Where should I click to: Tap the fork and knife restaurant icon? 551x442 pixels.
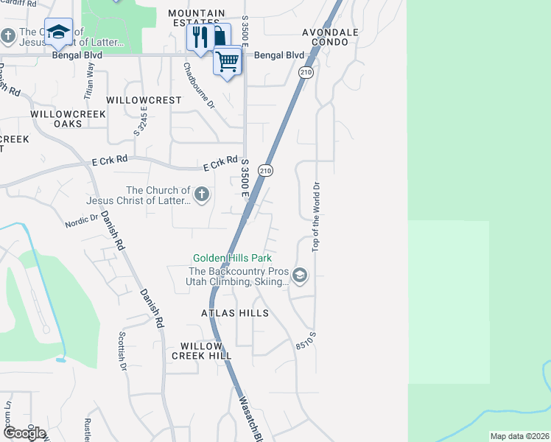(x=200, y=36)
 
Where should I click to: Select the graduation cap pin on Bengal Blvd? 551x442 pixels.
(x=58, y=32)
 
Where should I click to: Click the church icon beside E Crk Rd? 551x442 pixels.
(x=201, y=194)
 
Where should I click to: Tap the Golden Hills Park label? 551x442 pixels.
(x=232, y=258)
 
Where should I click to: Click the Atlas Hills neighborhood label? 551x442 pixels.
(x=235, y=313)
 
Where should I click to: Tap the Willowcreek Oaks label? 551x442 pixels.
(x=69, y=119)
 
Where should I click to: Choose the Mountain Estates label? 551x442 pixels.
(x=196, y=18)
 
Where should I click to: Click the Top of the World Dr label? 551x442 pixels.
(x=317, y=217)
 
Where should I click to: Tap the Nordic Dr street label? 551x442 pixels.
(x=81, y=220)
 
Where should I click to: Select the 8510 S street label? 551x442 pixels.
(x=306, y=340)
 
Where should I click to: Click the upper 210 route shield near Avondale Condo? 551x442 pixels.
(x=306, y=72)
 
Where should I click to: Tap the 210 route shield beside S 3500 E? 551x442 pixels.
(x=266, y=170)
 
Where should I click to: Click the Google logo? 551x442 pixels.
(x=24, y=432)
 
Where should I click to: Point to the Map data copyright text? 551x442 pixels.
(x=519, y=436)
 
